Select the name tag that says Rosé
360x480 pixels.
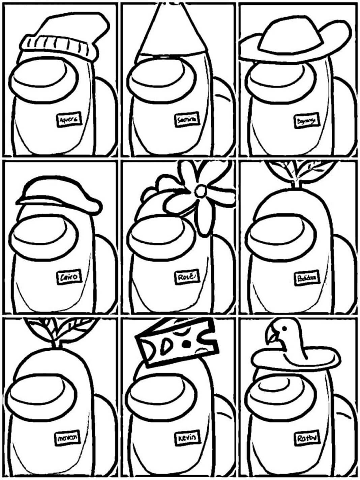click(186, 277)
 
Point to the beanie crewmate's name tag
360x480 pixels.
click(69, 120)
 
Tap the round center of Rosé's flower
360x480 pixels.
click(201, 191)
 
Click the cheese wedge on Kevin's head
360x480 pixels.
click(177, 342)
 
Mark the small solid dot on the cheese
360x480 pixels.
click(185, 344)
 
